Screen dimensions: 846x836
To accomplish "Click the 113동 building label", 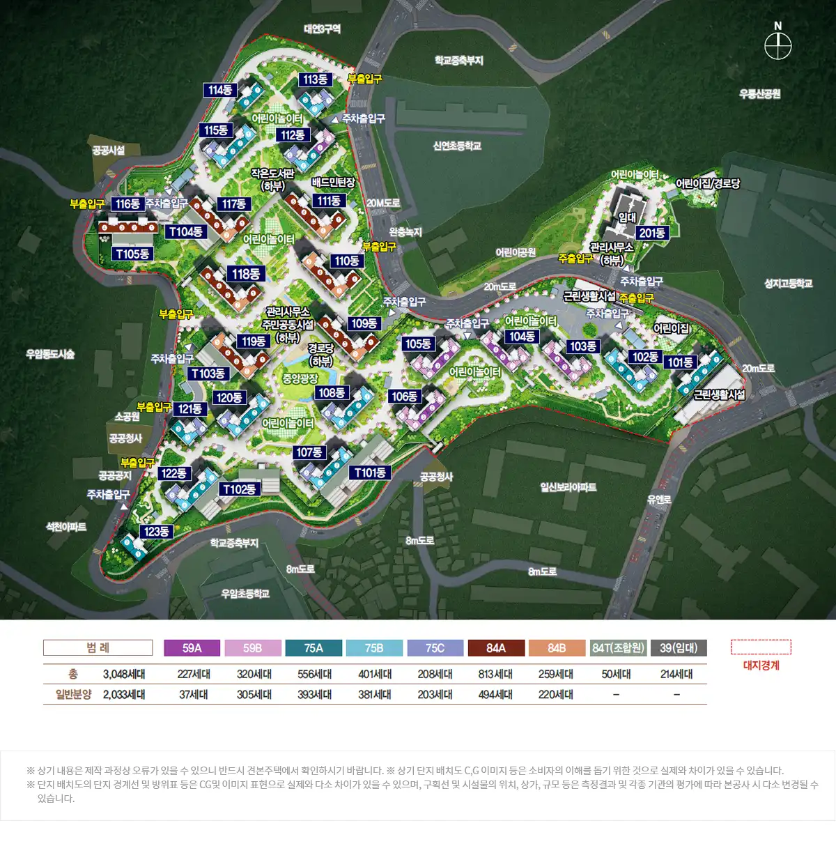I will [315, 79].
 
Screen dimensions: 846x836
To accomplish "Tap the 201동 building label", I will [652, 233].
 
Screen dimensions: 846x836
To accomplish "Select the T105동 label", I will [132, 254].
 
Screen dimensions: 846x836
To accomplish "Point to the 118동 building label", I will [245, 274].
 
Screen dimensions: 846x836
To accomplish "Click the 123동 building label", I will [156, 531].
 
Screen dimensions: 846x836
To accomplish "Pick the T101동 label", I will [369, 472].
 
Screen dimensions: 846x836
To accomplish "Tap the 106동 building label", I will [404, 397].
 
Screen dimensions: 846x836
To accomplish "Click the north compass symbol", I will [777, 47].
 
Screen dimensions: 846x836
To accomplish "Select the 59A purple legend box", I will [192, 648].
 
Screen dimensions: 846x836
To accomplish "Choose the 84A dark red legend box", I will [495, 648].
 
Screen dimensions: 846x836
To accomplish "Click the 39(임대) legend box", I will [678, 648].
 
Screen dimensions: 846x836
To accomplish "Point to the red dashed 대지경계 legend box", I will [761, 647].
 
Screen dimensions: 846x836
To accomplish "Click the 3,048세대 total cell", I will [124, 674].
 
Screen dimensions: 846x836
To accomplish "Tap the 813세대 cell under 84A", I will [495, 674].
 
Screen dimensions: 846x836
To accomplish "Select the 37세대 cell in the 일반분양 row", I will [193, 694].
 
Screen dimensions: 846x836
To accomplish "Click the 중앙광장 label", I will [300, 378].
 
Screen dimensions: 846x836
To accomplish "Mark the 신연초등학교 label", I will [457, 146].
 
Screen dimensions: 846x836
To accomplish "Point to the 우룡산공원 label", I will [759, 93].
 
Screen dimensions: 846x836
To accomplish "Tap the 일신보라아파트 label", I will [568, 487].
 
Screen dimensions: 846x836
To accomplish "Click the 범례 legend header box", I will [98, 647].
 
